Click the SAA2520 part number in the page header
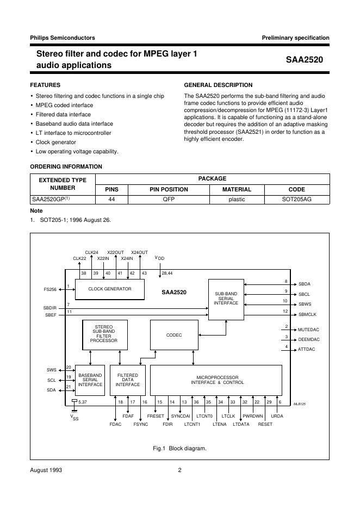305,60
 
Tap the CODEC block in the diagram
174,335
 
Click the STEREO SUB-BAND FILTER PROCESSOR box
104,334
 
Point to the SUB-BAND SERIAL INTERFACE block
226,299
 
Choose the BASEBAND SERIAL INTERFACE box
90,380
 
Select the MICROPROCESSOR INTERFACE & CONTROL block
216,380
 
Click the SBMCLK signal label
308,314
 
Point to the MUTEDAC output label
308,330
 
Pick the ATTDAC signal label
307,349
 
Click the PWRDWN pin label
252,416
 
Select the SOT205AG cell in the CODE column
296,200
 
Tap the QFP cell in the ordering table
169,200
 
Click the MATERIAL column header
237,190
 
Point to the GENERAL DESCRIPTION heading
218,85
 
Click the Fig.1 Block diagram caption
179,449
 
